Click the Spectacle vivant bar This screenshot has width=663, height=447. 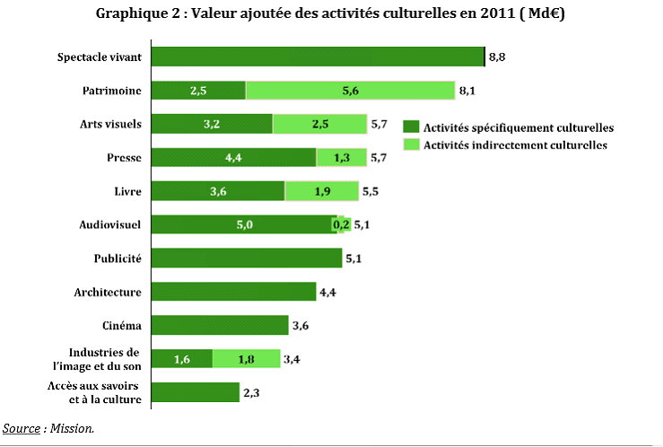(318, 57)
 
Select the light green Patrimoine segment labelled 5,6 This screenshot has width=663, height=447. (351, 90)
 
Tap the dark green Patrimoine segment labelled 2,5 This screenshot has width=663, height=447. (198, 90)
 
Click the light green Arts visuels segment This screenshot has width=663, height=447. (319, 124)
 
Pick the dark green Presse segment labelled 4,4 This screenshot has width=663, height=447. (233, 158)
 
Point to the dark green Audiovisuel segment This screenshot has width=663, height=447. (242, 225)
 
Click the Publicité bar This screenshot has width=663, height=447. (247, 259)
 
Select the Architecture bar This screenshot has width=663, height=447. (233, 292)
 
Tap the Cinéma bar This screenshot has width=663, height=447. (220, 326)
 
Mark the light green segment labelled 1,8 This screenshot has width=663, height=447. (246, 359)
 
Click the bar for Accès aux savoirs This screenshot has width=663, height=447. (196, 392)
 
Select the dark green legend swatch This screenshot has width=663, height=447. (411, 127)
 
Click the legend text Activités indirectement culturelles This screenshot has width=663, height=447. (515, 145)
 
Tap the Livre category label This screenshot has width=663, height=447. (127, 191)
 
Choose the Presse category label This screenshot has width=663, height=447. (123, 158)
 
